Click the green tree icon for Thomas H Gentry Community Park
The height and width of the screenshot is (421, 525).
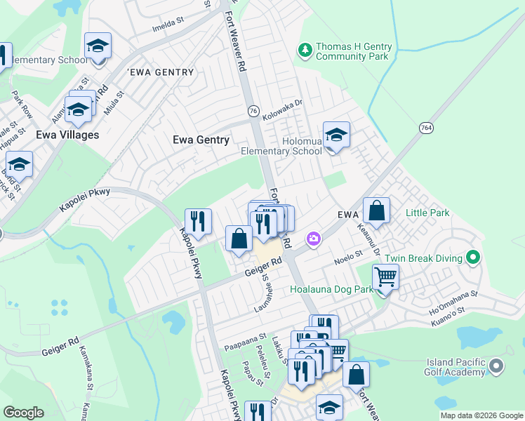pyautogui.click(x=305, y=50)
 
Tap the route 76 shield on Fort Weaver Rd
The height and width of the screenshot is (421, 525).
pyautogui.click(x=253, y=112)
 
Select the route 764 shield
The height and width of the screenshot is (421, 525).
pyautogui.click(x=425, y=128)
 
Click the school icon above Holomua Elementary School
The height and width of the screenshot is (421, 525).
pyautogui.click(x=336, y=135)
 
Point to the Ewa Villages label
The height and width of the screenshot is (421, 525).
pyautogui.click(x=68, y=135)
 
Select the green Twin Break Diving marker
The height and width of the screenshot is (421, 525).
pyautogui.click(x=473, y=258)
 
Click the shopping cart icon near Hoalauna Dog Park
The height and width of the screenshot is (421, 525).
pyautogui.click(x=385, y=277)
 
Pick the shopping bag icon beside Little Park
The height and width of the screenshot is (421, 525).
pyautogui.click(x=376, y=210)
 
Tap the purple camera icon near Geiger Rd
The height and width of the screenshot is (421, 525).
pyautogui.click(x=313, y=239)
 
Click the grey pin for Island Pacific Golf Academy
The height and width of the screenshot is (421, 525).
pyautogui.click(x=497, y=366)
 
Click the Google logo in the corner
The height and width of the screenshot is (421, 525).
pyautogui.click(x=23, y=413)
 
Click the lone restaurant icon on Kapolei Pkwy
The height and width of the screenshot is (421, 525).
pyautogui.click(x=198, y=222)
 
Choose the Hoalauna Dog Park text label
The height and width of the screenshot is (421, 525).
pyautogui.click(x=331, y=288)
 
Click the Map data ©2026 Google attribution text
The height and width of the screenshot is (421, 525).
pyautogui.click(x=481, y=415)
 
